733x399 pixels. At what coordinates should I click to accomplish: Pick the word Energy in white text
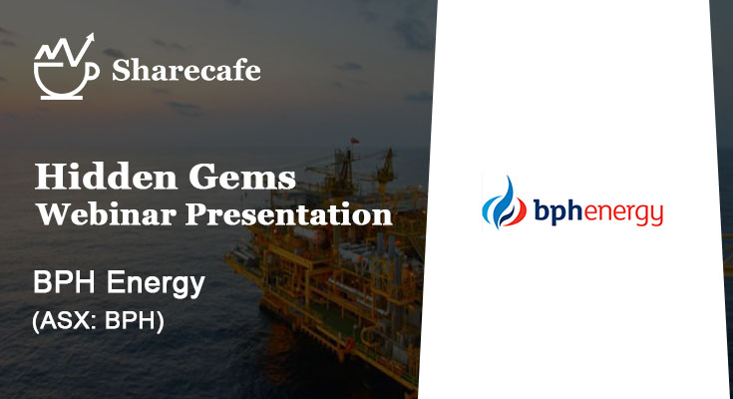coord(153,284)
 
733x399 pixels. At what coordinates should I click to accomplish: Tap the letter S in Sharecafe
coord(121,70)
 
